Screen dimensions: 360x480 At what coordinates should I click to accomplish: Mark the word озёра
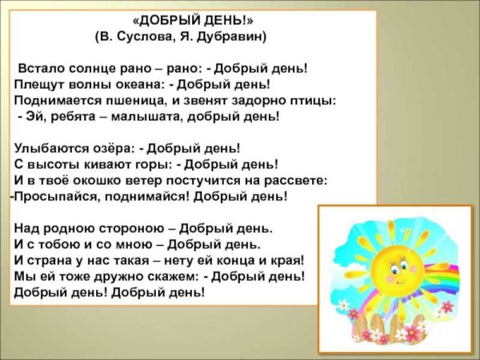(110, 148)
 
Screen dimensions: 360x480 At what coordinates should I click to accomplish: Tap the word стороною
(123, 228)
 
